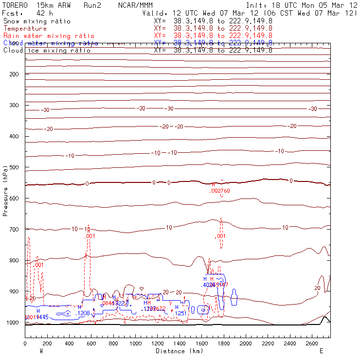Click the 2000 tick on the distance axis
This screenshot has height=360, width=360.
coord(246,344)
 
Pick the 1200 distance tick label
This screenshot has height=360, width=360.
coord(158,344)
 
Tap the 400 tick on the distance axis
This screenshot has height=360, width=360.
coord(69,344)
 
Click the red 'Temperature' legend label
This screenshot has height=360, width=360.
coord(25,29)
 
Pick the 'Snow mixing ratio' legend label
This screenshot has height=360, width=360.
coord(37,21)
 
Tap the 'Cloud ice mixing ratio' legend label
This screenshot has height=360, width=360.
coord(47,51)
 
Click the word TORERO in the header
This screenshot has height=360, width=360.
coord(15,5)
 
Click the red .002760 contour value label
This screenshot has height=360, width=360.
coord(219,191)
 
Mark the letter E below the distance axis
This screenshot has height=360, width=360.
coord(321,351)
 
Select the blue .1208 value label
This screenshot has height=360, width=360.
coord(84,313)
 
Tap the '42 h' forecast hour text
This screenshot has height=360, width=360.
coord(45,13)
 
